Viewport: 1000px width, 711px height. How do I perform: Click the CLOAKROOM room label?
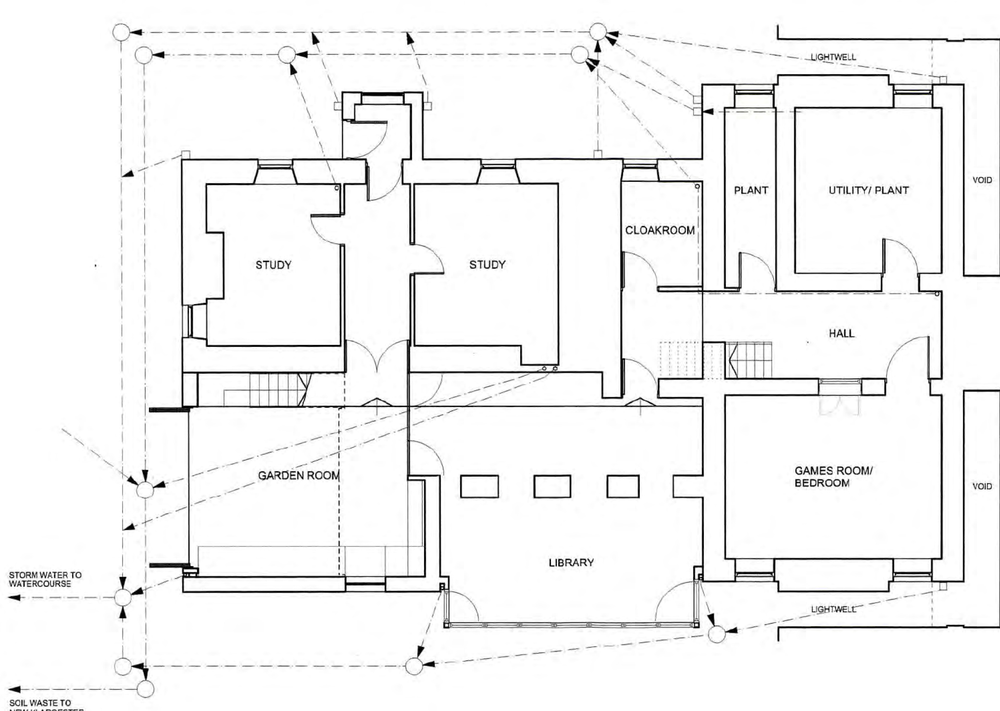(x=660, y=230)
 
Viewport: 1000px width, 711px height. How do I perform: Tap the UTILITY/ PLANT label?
(x=868, y=190)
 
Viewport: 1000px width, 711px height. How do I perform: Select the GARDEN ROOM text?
(x=299, y=476)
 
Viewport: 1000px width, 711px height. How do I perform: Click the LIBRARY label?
(x=571, y=562)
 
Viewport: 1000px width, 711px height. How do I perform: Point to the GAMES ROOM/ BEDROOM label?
(x=833, y=477)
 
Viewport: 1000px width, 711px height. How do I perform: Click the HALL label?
(x=841, y=333)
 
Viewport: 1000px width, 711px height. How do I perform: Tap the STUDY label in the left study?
(x=273, y=265)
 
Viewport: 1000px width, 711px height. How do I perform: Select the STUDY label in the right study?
(x=487, y=265)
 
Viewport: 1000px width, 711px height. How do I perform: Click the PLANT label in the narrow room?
(x=750, y=190)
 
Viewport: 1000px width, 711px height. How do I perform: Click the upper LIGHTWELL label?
(x=833, y=57)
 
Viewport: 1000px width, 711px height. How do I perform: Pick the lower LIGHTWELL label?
(x=833, y=609)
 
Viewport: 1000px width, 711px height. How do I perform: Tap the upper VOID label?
(x=982, y=180)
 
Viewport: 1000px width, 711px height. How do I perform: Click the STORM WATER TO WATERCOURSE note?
(x=45, y=579)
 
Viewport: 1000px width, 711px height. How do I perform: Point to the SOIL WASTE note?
(x=40, y=703)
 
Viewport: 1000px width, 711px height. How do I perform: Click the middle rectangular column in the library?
(x=552, y=486)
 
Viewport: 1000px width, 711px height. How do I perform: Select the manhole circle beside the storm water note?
(x=123, y=597)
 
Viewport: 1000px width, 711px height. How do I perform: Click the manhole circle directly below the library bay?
(x=414, y=666)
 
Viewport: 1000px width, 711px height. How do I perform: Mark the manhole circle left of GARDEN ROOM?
(x=145, y=490)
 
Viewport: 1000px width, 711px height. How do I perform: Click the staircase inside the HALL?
(x=748, y=360)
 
